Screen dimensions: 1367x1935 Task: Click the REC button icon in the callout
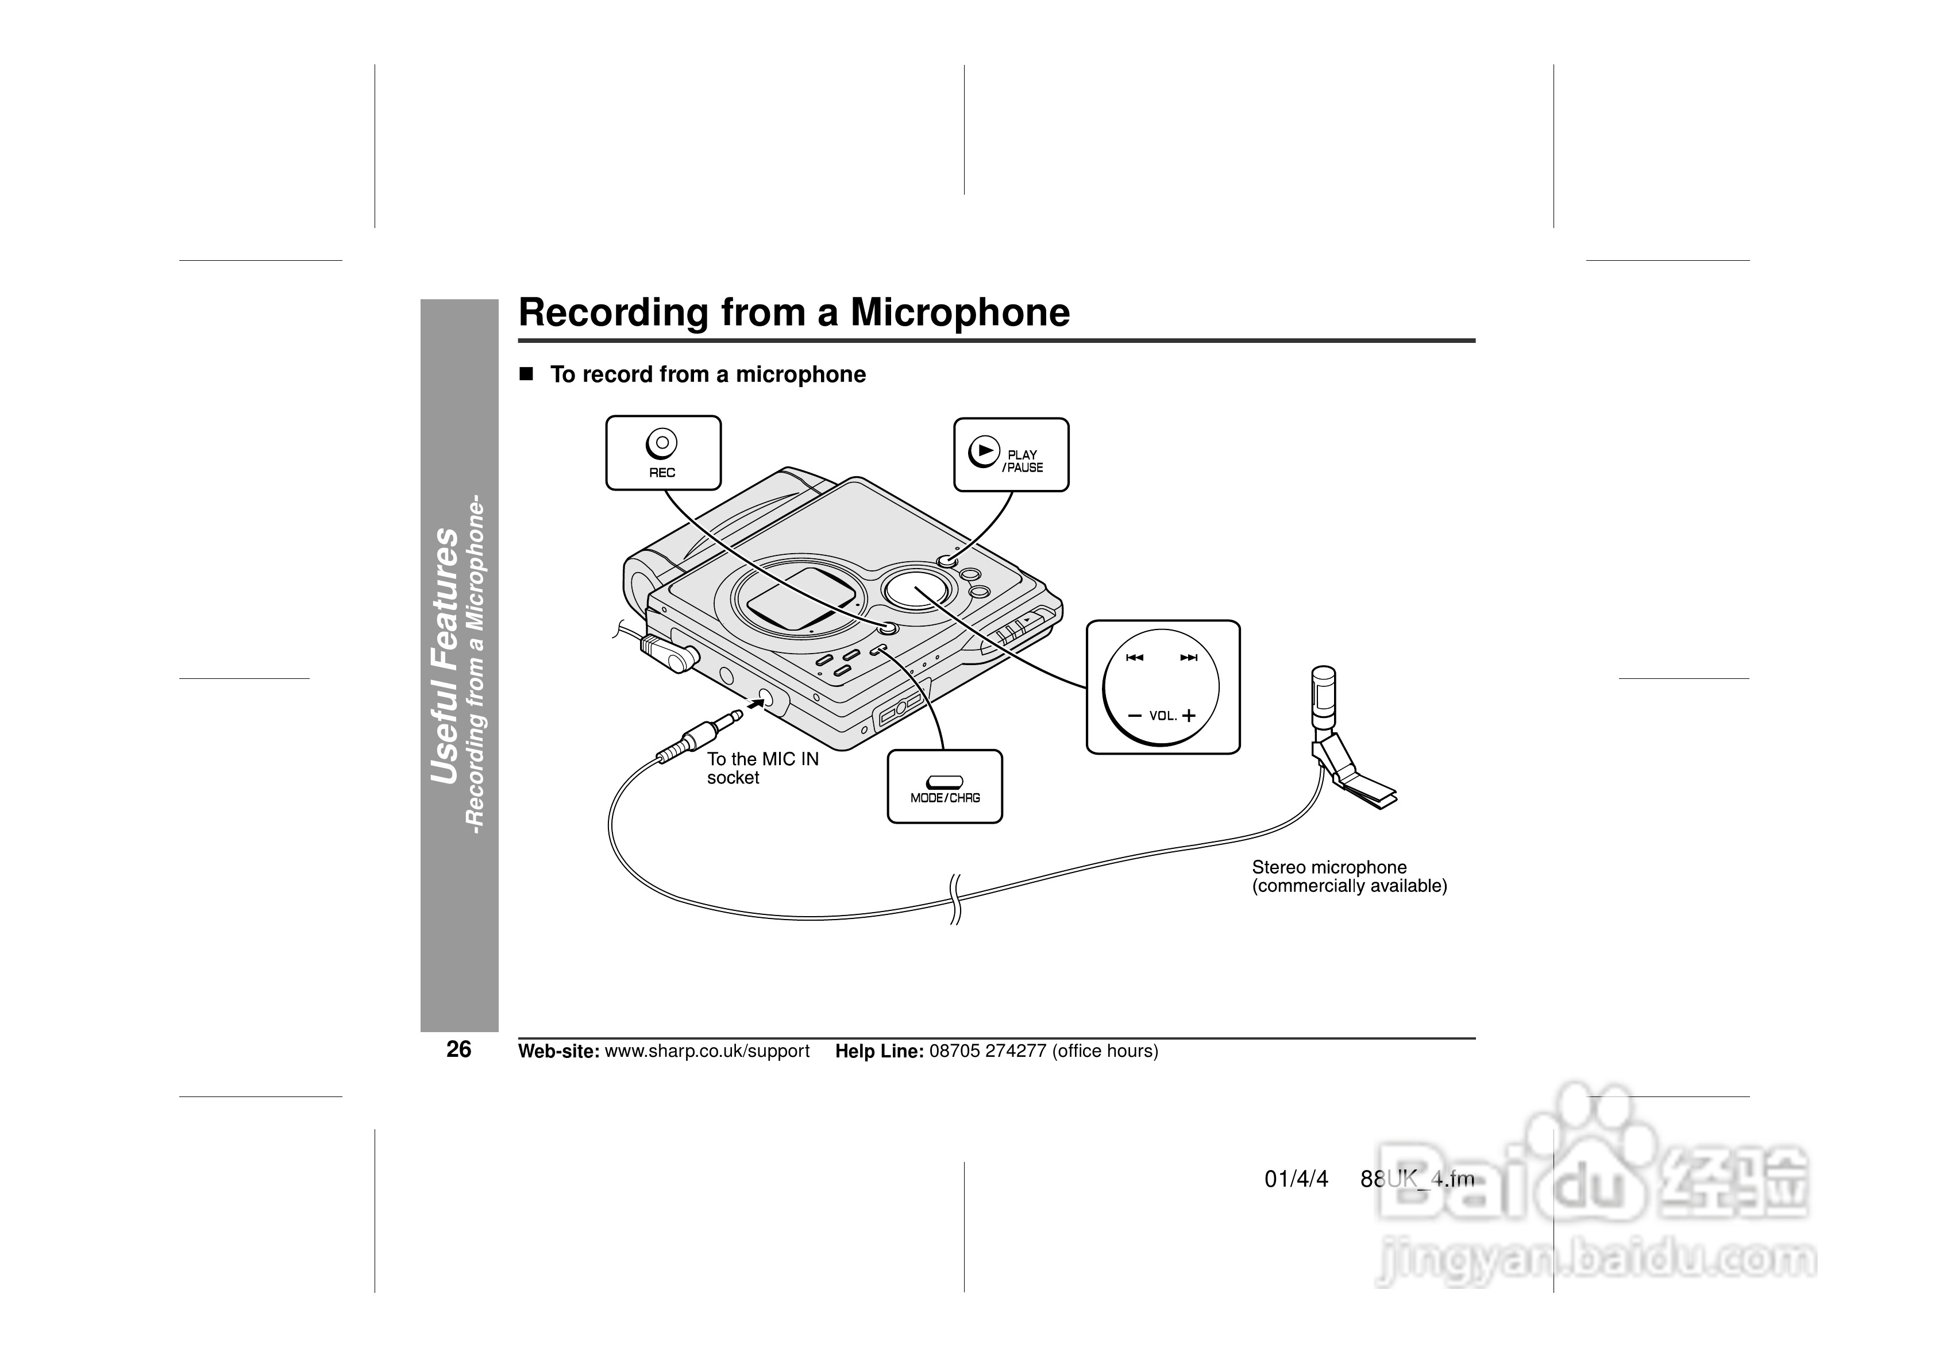[662, 443]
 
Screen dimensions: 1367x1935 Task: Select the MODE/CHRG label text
[945, 797]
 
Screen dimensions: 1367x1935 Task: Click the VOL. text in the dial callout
[1162, 716]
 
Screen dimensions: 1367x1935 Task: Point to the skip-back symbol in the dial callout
[1134, 658]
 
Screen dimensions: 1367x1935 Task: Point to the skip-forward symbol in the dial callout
[1188, 658]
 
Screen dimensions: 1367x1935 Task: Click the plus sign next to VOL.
[1188, 716]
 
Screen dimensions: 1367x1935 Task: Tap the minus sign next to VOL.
[1134, 716]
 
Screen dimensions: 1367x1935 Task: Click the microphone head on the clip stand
[1323, 696]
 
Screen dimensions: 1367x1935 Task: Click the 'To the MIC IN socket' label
[762, 768]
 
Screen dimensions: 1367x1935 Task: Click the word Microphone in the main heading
[960, 312]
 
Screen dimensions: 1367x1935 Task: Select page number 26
[458, 1049]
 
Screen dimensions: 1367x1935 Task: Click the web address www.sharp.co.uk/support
[707, 1051]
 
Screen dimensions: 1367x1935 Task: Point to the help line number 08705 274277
[988, 1051]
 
